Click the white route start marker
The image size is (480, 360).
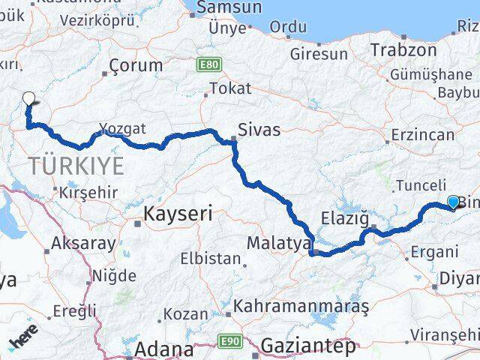point(29,98)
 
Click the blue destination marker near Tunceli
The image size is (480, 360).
point(452,201)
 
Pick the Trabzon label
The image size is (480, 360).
point(403,50)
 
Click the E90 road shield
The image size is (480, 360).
point(228,341)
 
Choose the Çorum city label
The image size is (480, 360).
point(135,65)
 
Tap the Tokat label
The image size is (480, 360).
point(230,88)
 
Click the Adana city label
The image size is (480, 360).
point(161,349)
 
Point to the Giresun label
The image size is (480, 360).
point(319,54)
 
